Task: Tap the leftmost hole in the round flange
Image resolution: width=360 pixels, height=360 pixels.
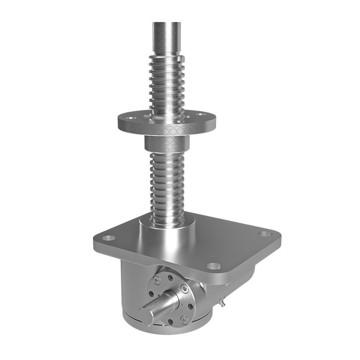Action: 129,119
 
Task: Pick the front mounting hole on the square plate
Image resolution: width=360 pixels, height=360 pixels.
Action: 214,265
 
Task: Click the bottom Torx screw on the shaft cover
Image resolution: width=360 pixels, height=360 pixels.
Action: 184,319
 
